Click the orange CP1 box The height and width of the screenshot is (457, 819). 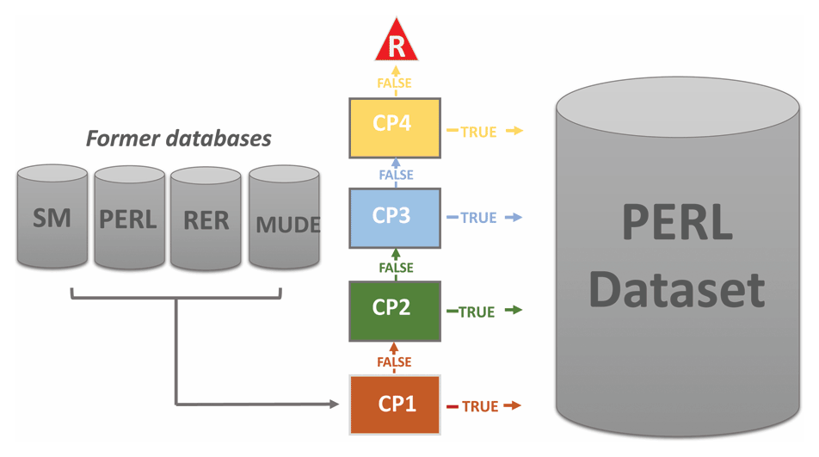pos(395,405)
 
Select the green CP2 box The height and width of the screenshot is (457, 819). pos(395,309)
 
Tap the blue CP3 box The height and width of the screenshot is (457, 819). pos(395,217)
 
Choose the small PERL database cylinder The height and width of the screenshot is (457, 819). pos(129,218)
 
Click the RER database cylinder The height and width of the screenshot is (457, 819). pos(205,218)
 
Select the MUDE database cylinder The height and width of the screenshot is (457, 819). pos(285,220)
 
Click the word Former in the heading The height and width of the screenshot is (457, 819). pos(120,138)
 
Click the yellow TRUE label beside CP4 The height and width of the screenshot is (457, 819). pos(478,132)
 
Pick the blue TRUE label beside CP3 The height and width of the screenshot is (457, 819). pos(478,218)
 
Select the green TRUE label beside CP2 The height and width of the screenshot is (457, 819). pos(477,312)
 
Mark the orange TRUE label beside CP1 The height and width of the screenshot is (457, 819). pos(479,405)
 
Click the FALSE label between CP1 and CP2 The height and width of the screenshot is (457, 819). pos(395,361)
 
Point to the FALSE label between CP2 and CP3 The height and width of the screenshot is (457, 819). pos(395,268)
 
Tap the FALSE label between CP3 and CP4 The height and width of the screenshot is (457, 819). pos(396,175)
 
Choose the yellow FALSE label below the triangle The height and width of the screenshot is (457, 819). pos(396,83)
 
